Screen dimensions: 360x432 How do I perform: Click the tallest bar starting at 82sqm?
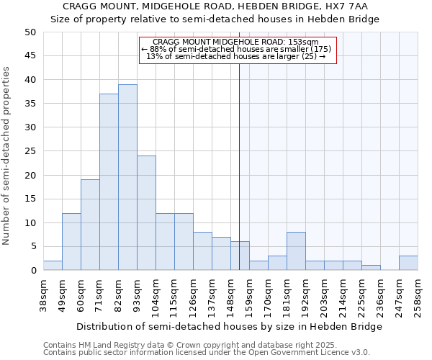(127, 177)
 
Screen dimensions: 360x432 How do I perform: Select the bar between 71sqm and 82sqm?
(109, 182)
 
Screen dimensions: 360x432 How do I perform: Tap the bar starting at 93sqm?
(146, 213)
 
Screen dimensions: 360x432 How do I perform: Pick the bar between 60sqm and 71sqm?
(90, 225)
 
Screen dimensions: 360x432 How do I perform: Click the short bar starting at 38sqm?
(53, 266)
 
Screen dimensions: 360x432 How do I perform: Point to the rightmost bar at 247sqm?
(408, 263)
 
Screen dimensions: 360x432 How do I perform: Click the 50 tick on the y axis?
(30, 32)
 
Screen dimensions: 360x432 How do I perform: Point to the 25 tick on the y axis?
(30, 151)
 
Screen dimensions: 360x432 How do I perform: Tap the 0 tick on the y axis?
(33, 271)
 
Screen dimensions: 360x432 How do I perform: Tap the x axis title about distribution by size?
(229, 326)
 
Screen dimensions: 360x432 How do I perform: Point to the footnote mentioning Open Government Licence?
(207, 353)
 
